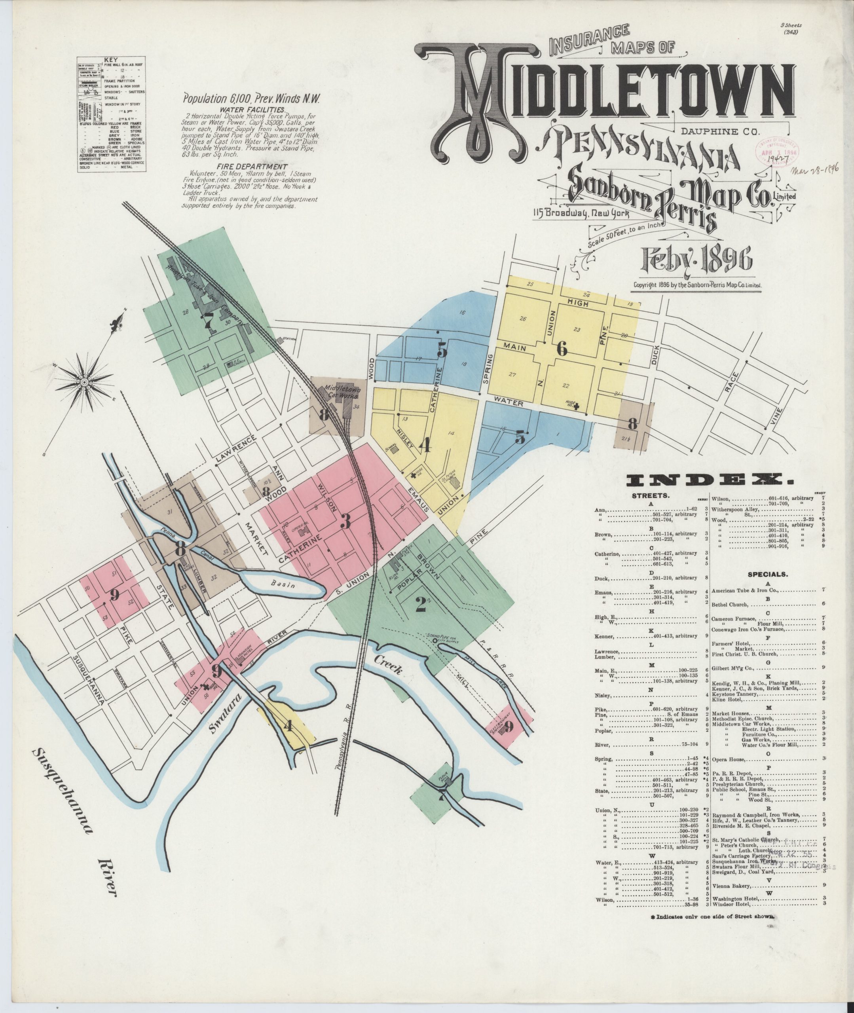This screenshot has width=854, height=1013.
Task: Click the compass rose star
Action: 85,382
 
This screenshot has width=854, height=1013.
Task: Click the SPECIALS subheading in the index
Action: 768,575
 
